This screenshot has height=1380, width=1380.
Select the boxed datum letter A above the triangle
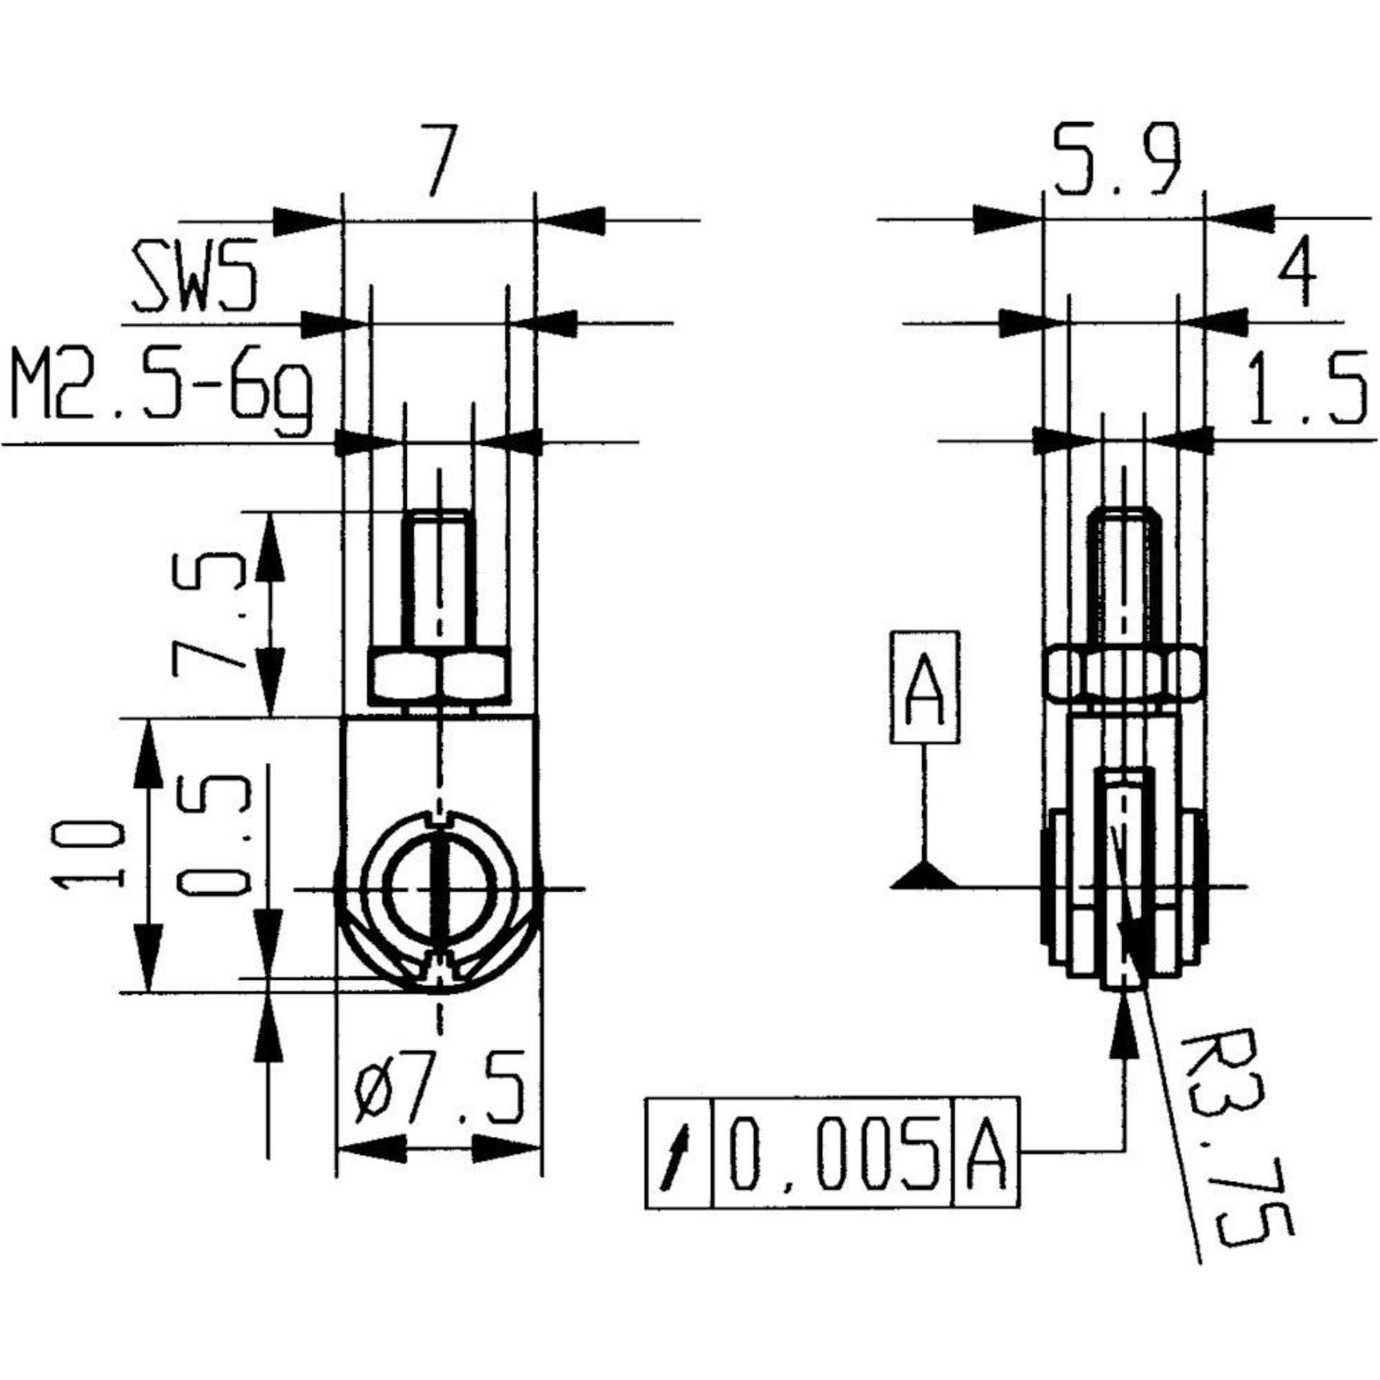pyautogui.click(x=924, y=686)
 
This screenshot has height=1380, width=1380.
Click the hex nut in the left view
pyautogui.click(x=440, y=676)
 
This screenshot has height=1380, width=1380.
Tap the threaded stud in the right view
pyautogui.click(x=1124, y=575)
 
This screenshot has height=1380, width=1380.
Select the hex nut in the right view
pyautogui.click(x=1124, y=675)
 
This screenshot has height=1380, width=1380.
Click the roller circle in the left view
pyautogui.click(x=440, y=888)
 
